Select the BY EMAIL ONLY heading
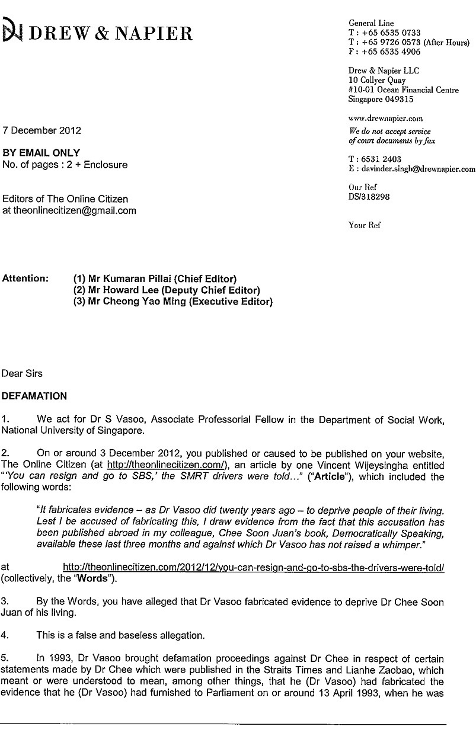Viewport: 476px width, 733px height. point(41,153)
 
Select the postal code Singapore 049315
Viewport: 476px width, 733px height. point(381,100)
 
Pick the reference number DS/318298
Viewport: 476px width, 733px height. point(369,196)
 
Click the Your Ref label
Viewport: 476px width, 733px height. point(365,225)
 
